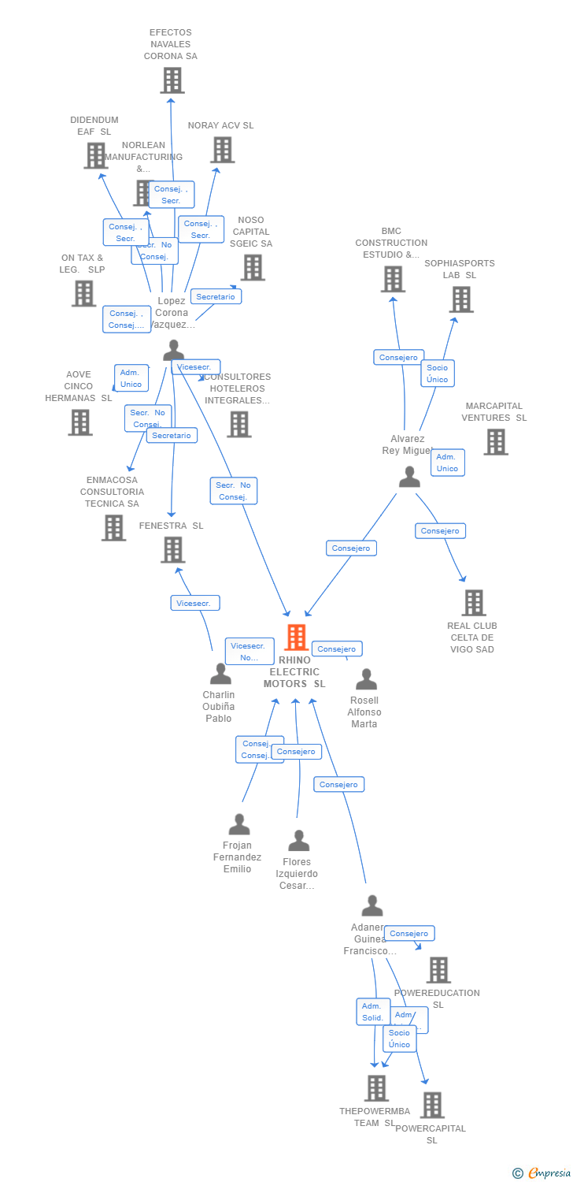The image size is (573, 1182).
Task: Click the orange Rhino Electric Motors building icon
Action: pyautogui.click(x=296, y=637)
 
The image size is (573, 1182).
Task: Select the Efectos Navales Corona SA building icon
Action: pyautogui.click(x=172, y=80)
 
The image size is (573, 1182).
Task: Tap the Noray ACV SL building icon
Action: pyautogui.click(x=222, y=150)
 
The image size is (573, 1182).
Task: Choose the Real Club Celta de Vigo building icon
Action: pyautogui.click(x=473, y=603)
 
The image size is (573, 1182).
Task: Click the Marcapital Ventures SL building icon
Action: pyautogui.click(x=495, y=442)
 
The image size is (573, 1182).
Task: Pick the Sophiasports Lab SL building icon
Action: pyautogui.click(x=461, y=299)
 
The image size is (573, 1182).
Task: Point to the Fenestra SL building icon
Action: pyautogui.click(x=172, y=549)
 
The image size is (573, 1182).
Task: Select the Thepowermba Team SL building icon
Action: pyautogui.click(x=376, y=1088)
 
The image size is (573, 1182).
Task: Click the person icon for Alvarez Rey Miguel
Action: pyautogui.click(x=409, y=477)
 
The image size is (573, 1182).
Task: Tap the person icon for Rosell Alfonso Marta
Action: pyautogui.click(x=366, y=679)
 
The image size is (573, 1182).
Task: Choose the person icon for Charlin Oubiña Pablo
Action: pyautogui.click(x=220, y=674)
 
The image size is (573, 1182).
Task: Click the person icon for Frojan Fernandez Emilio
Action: pyautogui.click(x=238, y=824)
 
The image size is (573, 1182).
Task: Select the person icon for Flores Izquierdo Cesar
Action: pyautogui.click(x=298, y=841)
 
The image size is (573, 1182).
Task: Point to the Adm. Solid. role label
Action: pyautogui.click(x=372, y=1012)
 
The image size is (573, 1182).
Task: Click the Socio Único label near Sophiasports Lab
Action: pyautogui.click(x=437, y=374)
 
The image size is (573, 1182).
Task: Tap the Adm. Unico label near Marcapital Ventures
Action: pyautogui.click(x=447, y=463)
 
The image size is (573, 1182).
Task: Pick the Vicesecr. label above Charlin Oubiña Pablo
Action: pyautogui.click(x=194, y=603)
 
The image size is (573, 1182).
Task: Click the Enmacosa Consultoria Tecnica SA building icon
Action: pyautogui.click(x=113, y=527)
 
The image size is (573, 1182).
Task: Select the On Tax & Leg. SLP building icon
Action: pyautogui.click(x=83, y=293)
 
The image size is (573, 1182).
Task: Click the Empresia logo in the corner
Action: pyautogui.click(x=542, y=1173)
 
